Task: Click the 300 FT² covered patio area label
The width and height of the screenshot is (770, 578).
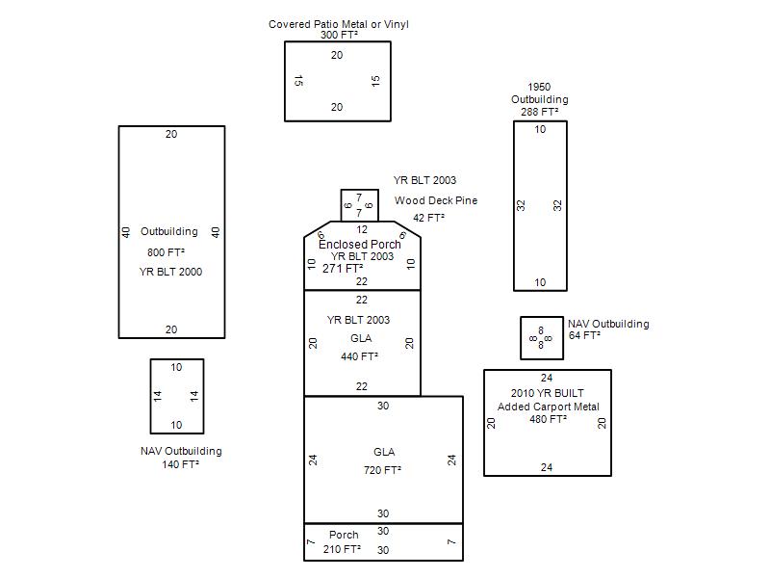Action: pos(339,36)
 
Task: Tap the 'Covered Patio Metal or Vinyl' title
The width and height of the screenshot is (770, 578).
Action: pos(339,24)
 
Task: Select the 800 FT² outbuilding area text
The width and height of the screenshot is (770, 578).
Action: pos(166,252)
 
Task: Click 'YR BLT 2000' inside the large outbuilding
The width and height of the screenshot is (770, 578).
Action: pos(170,272)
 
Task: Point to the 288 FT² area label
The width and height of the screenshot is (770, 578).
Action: pos(540,112)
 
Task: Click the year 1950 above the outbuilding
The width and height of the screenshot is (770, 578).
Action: pos(539,87)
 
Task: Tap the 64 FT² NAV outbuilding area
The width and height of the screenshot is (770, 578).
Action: pos(584,336)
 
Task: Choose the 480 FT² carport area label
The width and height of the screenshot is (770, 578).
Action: pos(548,419)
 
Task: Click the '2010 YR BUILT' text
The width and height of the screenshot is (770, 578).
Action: pos(547,393)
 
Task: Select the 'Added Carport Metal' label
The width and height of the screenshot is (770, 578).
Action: pos(548,407)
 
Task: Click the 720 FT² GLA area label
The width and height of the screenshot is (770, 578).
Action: pos(382,471)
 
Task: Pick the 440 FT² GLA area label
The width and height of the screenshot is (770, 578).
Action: pos(359,356)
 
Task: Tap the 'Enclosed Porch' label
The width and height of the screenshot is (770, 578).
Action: pos(360,245)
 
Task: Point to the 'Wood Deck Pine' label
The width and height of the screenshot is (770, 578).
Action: pos(435,200)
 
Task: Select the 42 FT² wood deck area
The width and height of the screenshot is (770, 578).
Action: pos(428,219)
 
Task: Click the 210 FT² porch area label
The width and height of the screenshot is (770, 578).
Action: pos(342,549)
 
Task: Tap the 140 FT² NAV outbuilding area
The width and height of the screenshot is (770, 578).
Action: pos(181,464)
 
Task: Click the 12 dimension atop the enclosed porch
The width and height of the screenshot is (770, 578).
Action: pos(362,229)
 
